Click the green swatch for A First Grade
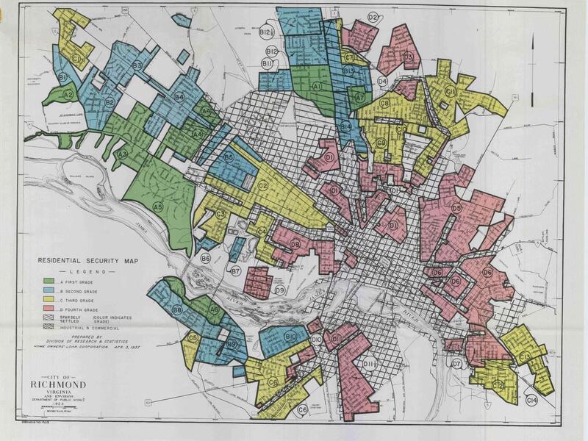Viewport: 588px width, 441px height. coord(49,282)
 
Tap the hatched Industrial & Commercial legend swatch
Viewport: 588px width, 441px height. coord(49,321)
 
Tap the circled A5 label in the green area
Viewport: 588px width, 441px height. coord(157,208)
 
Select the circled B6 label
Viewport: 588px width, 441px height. coord(206,259)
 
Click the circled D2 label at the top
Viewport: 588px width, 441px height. coord(373,17)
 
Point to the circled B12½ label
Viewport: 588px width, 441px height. coord(268,31)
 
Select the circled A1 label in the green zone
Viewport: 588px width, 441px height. coord(318,87)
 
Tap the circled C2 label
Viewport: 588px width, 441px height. coord(262,187)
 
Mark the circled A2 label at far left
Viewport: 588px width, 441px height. coord(68,94)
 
